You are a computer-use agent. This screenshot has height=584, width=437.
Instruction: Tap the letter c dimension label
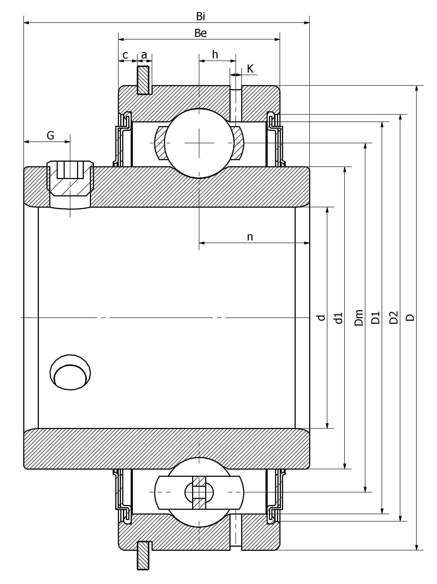tap(125, 55)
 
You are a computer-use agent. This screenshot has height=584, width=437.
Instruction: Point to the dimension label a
tap(144, 55)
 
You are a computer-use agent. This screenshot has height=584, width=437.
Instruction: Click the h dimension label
tap(215, 55)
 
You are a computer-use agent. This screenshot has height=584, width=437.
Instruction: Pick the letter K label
tap(250, 69)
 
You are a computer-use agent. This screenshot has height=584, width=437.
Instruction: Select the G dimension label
tap(50, 136)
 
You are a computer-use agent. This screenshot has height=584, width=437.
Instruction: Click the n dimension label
tap(250, 237)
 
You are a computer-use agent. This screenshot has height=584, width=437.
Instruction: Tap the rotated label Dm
tap(359, 318)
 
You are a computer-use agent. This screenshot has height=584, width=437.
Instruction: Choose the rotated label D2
tap(393, 318)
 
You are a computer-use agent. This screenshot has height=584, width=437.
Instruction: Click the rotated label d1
tap(338, 318)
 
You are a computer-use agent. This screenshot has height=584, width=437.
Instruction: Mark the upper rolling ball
tap(199, 143)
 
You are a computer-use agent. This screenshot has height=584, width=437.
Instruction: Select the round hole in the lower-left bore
tap(70, 372)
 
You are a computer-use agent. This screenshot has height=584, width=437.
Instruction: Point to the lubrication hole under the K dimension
tap(236, 103)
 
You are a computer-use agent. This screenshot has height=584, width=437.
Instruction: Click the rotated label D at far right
tap(410, 318)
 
